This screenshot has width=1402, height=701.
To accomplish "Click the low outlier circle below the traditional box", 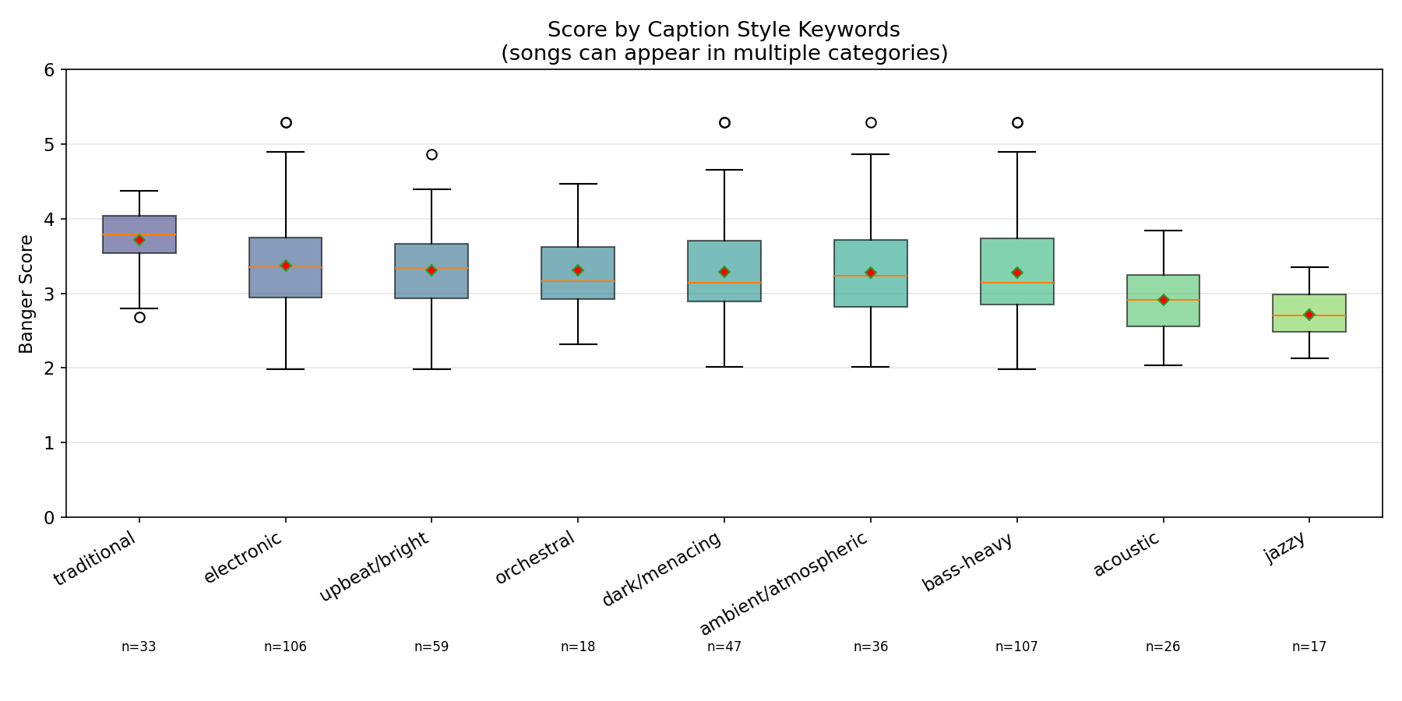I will tap(139, 317).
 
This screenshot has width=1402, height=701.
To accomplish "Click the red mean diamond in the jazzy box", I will tap(1309, 315).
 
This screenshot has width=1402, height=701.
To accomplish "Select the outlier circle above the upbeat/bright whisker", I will tap(432, 154).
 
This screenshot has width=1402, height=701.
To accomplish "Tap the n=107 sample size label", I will tap(1016, 646).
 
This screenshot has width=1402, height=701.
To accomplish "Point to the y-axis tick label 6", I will tap(50, 70).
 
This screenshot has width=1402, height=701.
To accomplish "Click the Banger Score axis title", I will tap(26, 294).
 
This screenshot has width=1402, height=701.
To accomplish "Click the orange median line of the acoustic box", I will tap(1163, 300).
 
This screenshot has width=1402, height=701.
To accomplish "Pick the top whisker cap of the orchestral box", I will tap(578, 184).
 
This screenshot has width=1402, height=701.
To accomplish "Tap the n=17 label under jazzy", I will tap(1309, 646).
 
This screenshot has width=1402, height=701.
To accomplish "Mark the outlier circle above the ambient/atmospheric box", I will tap(871, 122).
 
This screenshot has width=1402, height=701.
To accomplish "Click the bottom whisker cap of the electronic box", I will tap(286, 369).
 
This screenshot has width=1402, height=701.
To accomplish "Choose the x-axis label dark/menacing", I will tap(663, 569).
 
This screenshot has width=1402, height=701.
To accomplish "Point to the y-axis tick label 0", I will tap(50, 517).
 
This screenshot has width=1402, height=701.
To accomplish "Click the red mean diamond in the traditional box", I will tap(139, 240).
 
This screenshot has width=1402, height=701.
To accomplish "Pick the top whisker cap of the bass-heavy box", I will tap(1016, 152).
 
